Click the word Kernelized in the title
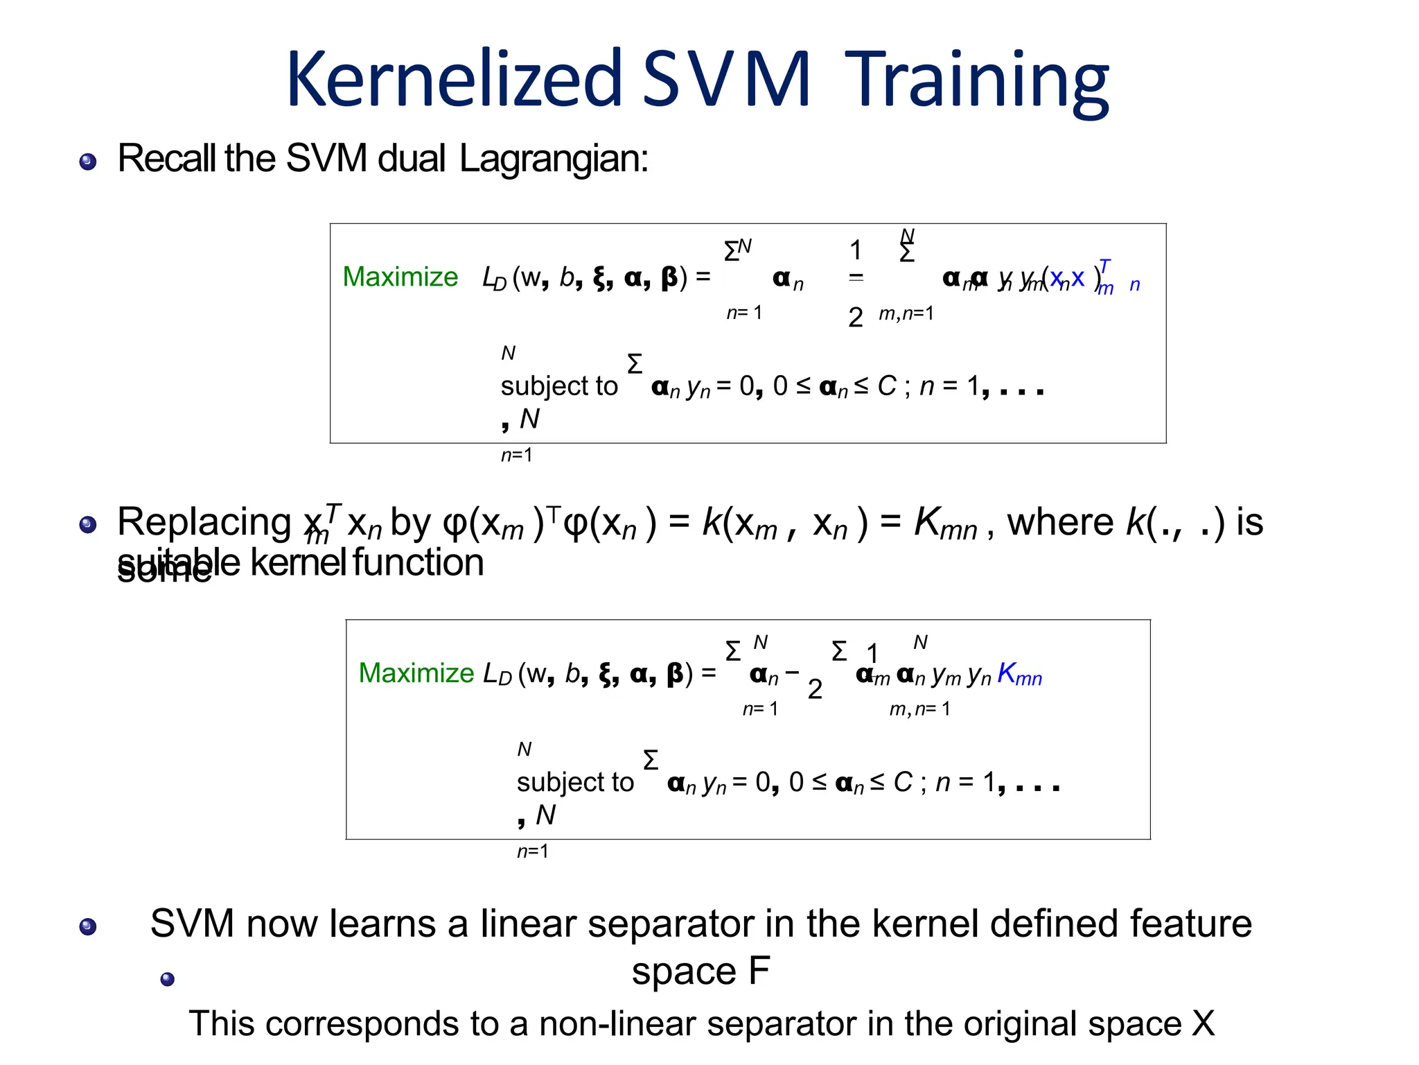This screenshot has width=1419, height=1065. click(454, 79)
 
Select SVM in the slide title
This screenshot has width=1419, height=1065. click(726, 79)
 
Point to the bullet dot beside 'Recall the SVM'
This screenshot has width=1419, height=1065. click(88, 162)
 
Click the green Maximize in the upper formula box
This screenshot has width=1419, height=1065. click(400, 277)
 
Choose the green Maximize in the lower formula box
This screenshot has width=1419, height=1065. click(416, 673)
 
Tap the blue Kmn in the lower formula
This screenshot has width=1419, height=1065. click(1019, 673)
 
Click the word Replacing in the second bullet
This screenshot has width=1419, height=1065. click(204, 522)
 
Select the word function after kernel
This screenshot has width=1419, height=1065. click(418, 562)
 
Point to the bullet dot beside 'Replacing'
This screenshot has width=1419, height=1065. click(88, 524)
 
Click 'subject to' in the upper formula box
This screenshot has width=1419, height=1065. click(558, 386)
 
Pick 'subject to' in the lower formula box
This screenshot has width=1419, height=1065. click(574, 782)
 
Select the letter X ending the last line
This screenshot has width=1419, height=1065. click(1203, 1024)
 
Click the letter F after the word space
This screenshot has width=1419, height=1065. click(759, 971)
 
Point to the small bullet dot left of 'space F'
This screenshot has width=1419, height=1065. click(167, 979)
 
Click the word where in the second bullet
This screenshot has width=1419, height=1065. click(1059, 522)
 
